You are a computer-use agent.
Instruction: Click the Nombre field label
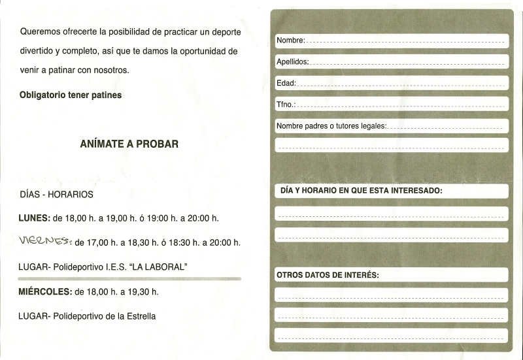(290, 41)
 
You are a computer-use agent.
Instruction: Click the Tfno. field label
(286, 105)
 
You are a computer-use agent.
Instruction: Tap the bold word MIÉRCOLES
(45, 291)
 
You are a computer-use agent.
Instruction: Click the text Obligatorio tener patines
(71, 95)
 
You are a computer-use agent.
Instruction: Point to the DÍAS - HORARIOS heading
(57, 195)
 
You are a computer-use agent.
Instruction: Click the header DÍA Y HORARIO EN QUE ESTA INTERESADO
(362, 191)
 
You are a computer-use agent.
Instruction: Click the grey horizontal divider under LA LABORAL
(130, 278)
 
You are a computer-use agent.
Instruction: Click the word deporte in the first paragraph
(219, 31)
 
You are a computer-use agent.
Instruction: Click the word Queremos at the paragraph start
(39, 31)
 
